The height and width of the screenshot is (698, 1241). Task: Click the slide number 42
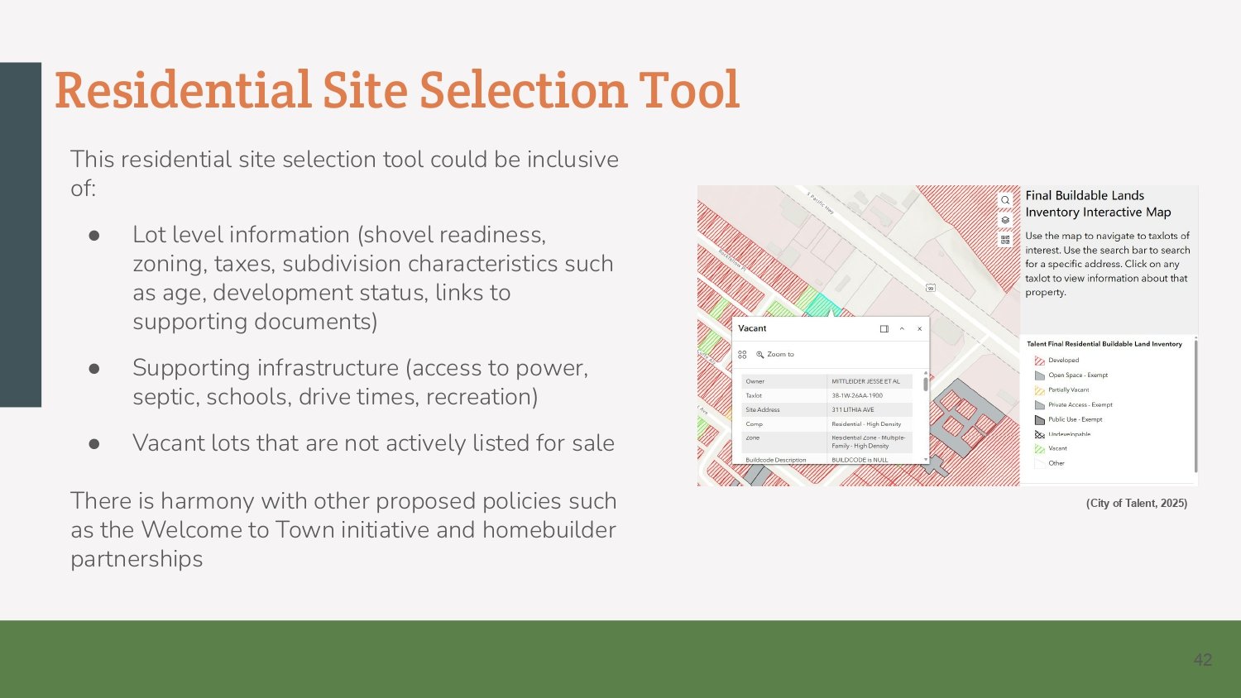(1202, 660)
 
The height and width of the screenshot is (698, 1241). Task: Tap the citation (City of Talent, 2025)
(1136, 503)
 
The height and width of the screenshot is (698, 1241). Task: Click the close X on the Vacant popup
(919, 329)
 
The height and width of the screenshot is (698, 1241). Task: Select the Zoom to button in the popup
(775, 355)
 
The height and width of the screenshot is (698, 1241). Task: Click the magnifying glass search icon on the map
(1005, 200)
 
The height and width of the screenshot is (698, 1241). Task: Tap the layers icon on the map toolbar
(1005, 220)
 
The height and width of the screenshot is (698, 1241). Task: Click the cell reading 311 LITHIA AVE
(853, 410)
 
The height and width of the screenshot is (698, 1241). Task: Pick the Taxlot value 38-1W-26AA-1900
(857, 396)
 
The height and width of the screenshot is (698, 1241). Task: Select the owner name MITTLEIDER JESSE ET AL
(865, 382)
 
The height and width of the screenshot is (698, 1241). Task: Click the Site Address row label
(762, 410)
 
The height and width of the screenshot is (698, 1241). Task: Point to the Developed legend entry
(1063, 361)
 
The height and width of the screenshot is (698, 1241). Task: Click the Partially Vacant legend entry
(1068, 390)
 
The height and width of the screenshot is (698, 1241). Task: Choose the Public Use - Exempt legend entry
(1075, 419)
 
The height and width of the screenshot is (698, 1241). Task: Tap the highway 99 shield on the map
(930, 288)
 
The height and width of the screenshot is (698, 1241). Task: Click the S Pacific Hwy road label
(821, 203)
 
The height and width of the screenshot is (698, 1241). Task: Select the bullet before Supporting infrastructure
(94, 368)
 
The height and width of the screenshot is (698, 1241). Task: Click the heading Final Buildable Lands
(1085, 196)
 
